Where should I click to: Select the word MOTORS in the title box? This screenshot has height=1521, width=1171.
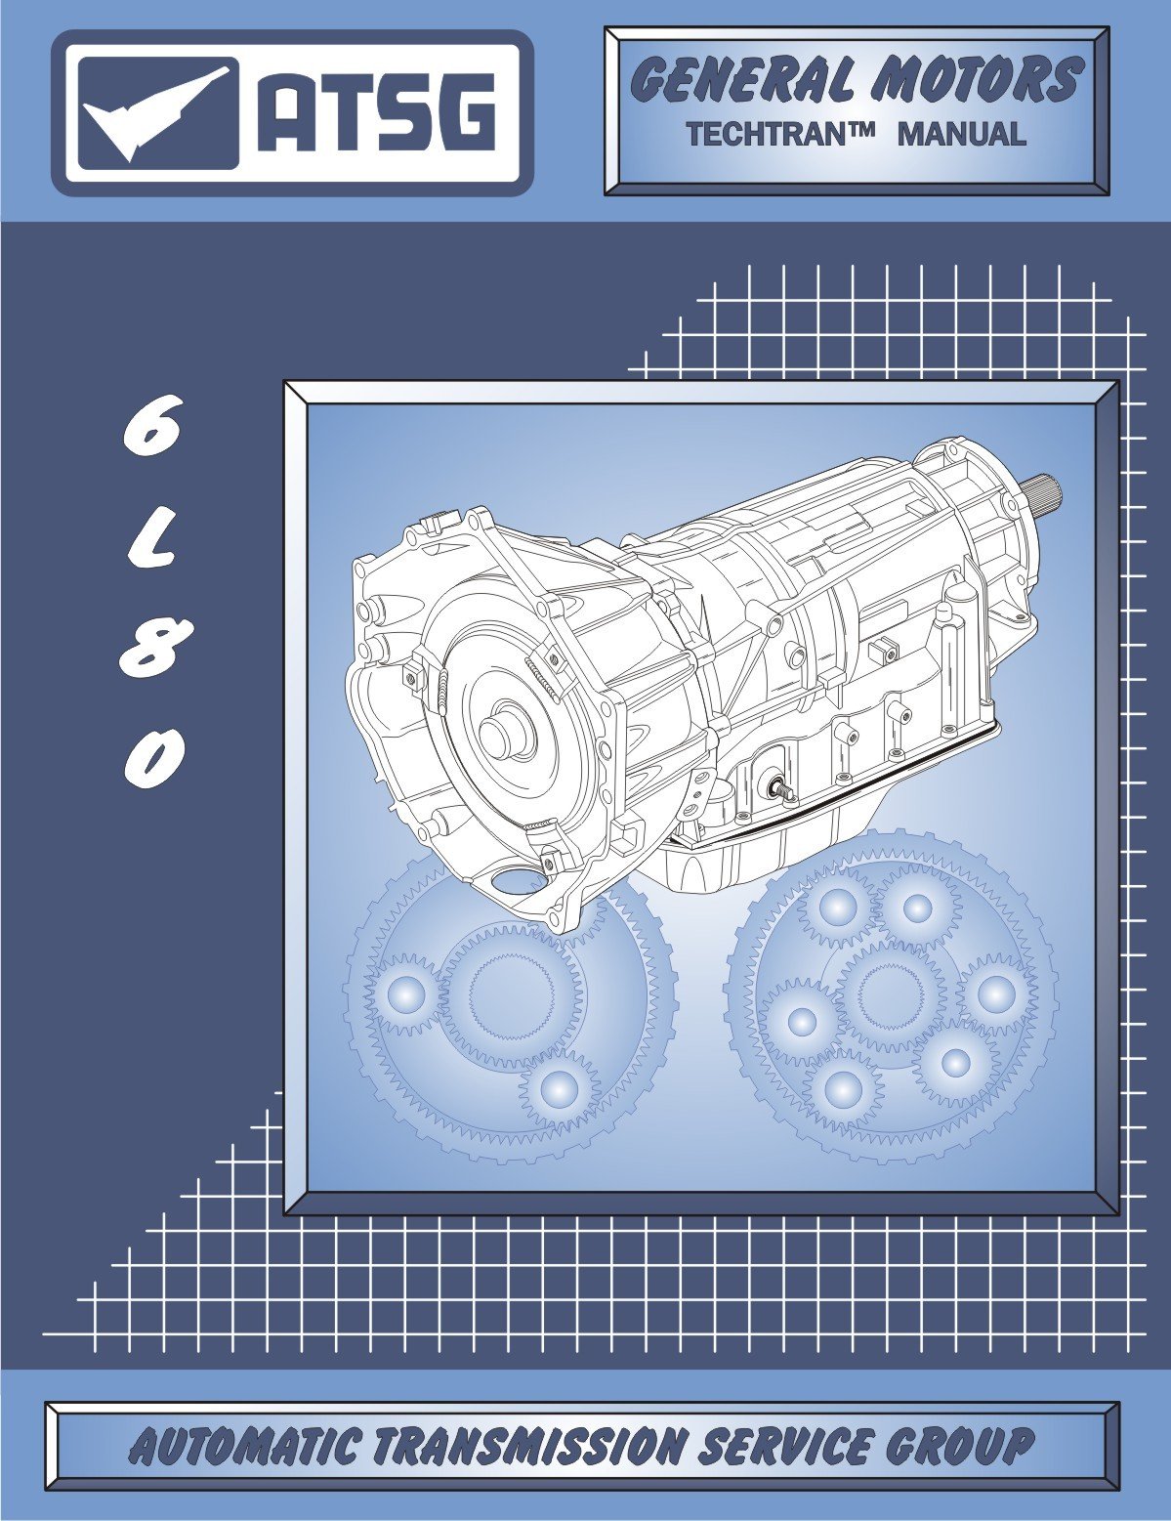977,81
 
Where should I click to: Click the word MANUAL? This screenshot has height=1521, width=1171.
962,133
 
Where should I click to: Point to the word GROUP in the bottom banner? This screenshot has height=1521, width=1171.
963,1446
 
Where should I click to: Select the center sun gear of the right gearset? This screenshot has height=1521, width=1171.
889,996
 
